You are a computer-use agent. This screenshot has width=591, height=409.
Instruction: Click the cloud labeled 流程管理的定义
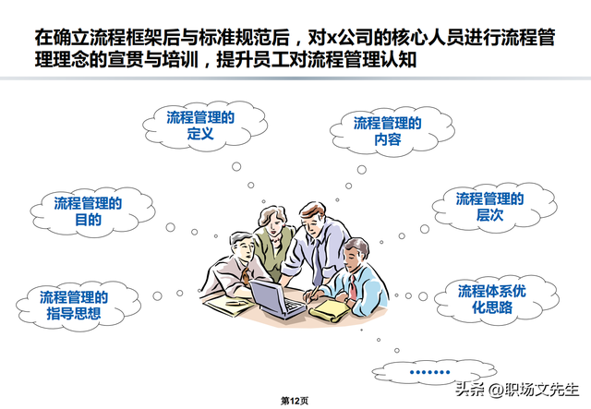(200, 126)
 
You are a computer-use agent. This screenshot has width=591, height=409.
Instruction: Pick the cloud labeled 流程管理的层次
(489, 206)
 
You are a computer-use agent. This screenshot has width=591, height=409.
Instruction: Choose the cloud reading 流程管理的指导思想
(74, 306)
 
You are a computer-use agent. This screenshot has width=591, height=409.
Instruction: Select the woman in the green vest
(271, 242)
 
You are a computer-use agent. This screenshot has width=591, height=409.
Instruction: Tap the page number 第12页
(295, 401)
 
